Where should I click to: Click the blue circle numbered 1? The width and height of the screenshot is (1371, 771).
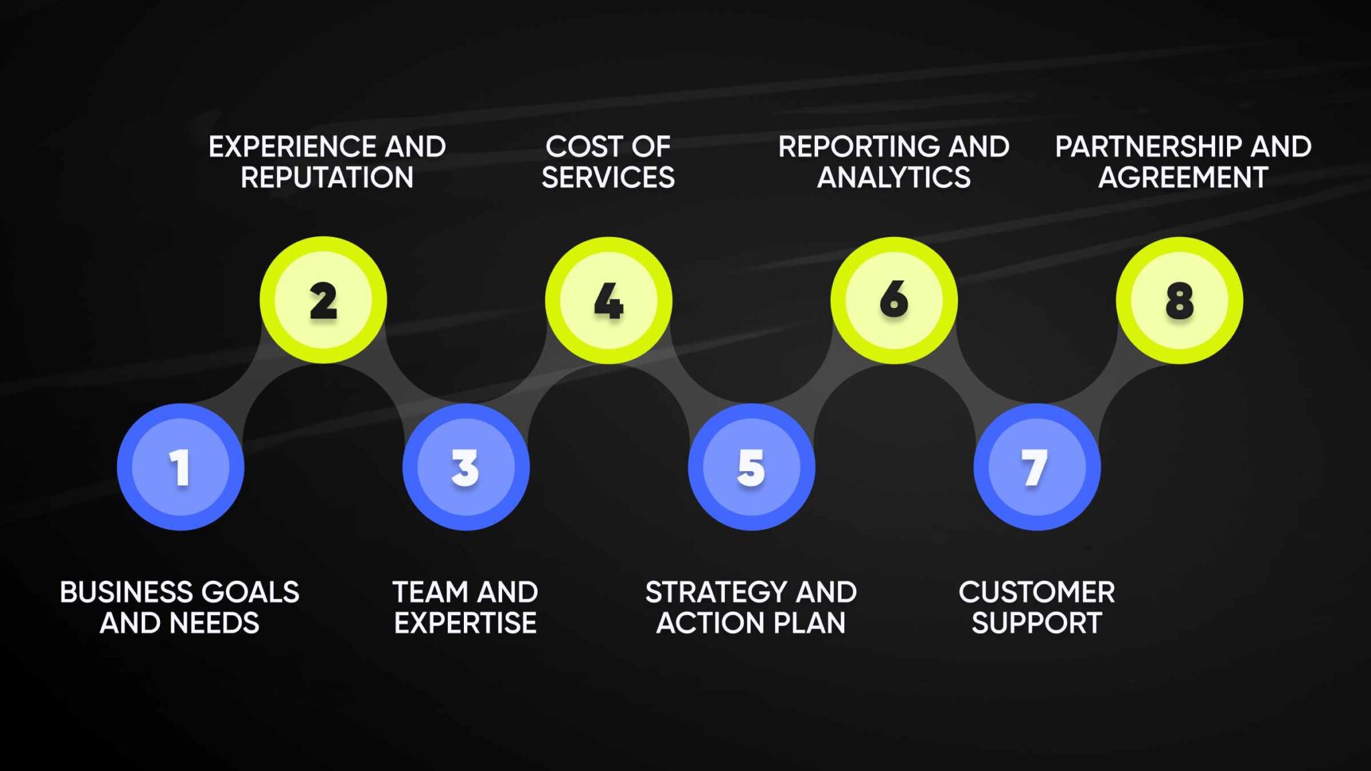[180, 467]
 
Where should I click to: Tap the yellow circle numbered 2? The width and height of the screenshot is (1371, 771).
[323, 300]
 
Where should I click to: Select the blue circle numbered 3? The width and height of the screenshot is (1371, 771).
[466, 467]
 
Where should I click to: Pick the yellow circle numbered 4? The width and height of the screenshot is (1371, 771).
[609, 300]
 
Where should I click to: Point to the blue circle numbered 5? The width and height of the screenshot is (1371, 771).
[751, 467]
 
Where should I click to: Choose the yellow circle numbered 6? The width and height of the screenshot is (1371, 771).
[894, 300]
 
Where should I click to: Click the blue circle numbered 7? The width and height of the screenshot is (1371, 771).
[1036, 467]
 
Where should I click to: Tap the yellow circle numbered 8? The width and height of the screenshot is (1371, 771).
[1179, 300]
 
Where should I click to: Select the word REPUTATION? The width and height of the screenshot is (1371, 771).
[327, 178]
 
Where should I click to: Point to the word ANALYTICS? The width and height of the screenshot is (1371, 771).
[894, 178]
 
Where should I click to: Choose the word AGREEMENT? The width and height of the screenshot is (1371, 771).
[1183, 178]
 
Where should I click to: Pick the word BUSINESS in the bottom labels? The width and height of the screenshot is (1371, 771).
[126, 592]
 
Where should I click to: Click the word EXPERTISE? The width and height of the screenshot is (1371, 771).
[465, 623]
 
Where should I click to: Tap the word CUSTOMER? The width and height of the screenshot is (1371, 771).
[1036, 592]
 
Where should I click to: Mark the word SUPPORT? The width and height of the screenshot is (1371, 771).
[1036, 623]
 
